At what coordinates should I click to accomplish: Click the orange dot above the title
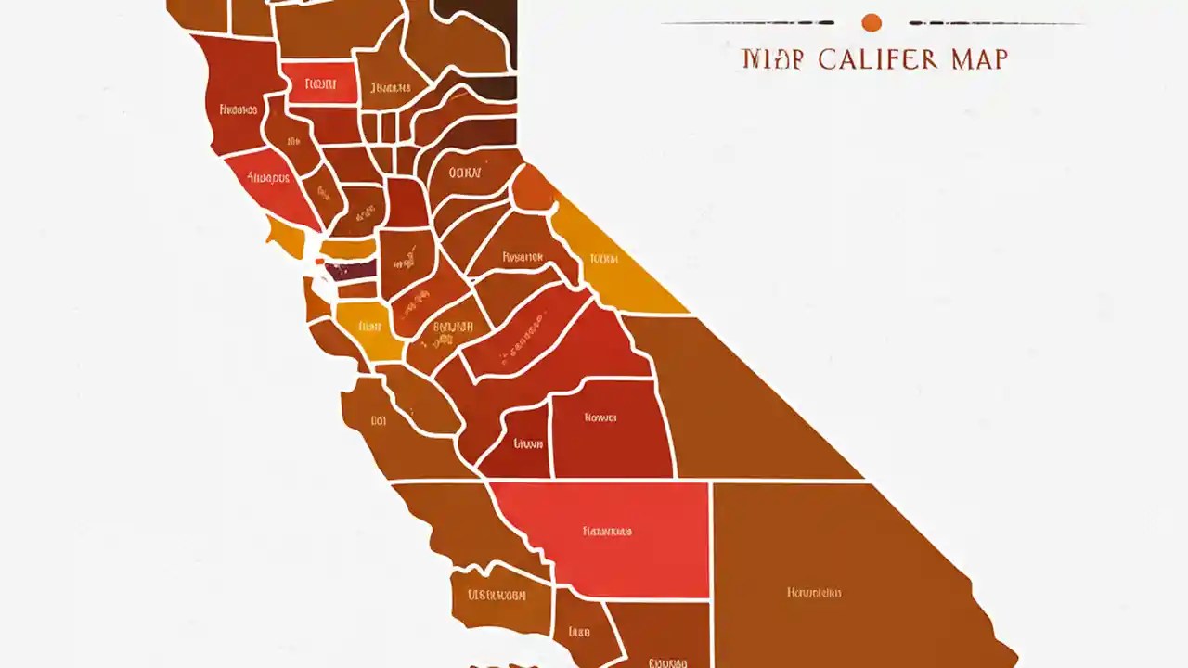871,22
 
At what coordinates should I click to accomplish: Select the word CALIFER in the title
878,59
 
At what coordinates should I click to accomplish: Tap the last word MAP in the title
979,59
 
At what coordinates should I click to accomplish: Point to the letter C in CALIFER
828,59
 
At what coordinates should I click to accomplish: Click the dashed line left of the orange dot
747,22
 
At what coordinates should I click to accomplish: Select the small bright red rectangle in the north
318,83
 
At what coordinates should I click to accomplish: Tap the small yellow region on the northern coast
286,237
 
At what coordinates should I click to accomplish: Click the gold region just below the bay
369,329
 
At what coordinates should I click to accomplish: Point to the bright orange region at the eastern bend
533,188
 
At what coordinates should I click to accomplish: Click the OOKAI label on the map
464,173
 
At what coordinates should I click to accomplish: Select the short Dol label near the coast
378,420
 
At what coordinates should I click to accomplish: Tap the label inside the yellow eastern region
603,259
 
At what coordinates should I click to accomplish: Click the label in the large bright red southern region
607,532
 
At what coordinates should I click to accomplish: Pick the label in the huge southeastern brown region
814,592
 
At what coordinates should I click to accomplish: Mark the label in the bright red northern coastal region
269,176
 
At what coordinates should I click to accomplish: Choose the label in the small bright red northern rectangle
318,84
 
